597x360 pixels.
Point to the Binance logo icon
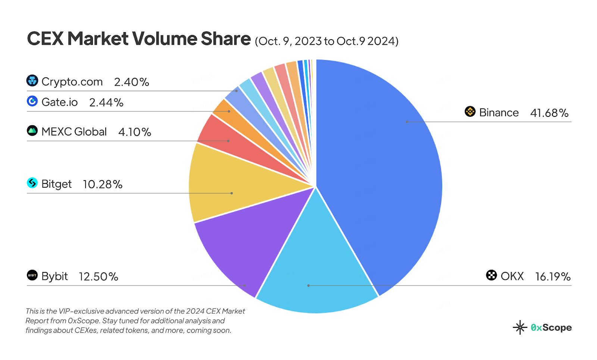470,112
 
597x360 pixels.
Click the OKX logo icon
491,275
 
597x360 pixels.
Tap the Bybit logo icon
32,275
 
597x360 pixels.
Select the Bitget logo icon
32,183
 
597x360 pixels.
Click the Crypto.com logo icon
32,81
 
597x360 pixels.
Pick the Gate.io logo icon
32,101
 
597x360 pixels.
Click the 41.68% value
549,113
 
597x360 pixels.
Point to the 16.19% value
553,276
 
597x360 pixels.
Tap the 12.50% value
99,276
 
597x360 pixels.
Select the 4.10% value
135,132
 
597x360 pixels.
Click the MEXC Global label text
74,132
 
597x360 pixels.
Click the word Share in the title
226,39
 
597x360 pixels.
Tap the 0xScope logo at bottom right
542,328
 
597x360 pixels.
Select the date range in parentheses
326,41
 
